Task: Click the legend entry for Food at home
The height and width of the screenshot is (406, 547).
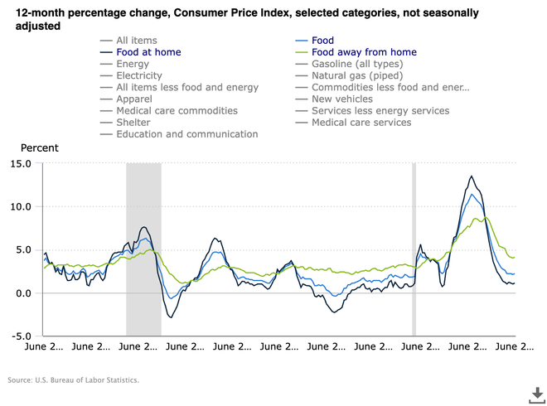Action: coord(148,52)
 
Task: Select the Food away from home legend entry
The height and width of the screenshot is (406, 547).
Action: coord(364,52)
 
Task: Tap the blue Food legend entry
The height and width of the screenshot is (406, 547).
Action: coord(322,41)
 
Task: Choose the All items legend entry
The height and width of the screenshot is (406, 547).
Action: coord(136,41)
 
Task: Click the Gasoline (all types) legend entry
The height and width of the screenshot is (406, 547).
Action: coord(357,64)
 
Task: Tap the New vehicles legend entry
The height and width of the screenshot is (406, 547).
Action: coord(342,99)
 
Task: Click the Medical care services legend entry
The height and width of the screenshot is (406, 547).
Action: coord(361,122)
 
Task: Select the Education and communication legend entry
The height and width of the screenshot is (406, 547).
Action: coord(186,133)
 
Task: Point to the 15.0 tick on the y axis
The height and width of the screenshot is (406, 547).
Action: coord(20,163)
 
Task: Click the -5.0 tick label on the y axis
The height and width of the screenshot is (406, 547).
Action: coord(20,336)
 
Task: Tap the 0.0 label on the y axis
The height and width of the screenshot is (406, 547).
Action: coord(22,292)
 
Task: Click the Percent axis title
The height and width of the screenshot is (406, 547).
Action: coord(40,147)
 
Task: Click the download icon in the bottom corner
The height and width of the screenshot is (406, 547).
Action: coord(536,393)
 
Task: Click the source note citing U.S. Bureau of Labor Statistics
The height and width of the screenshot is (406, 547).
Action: coord(73,380)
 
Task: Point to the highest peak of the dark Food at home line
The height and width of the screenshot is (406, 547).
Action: coord(472,176)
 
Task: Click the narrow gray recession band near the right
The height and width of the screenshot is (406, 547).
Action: coord(414,249)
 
